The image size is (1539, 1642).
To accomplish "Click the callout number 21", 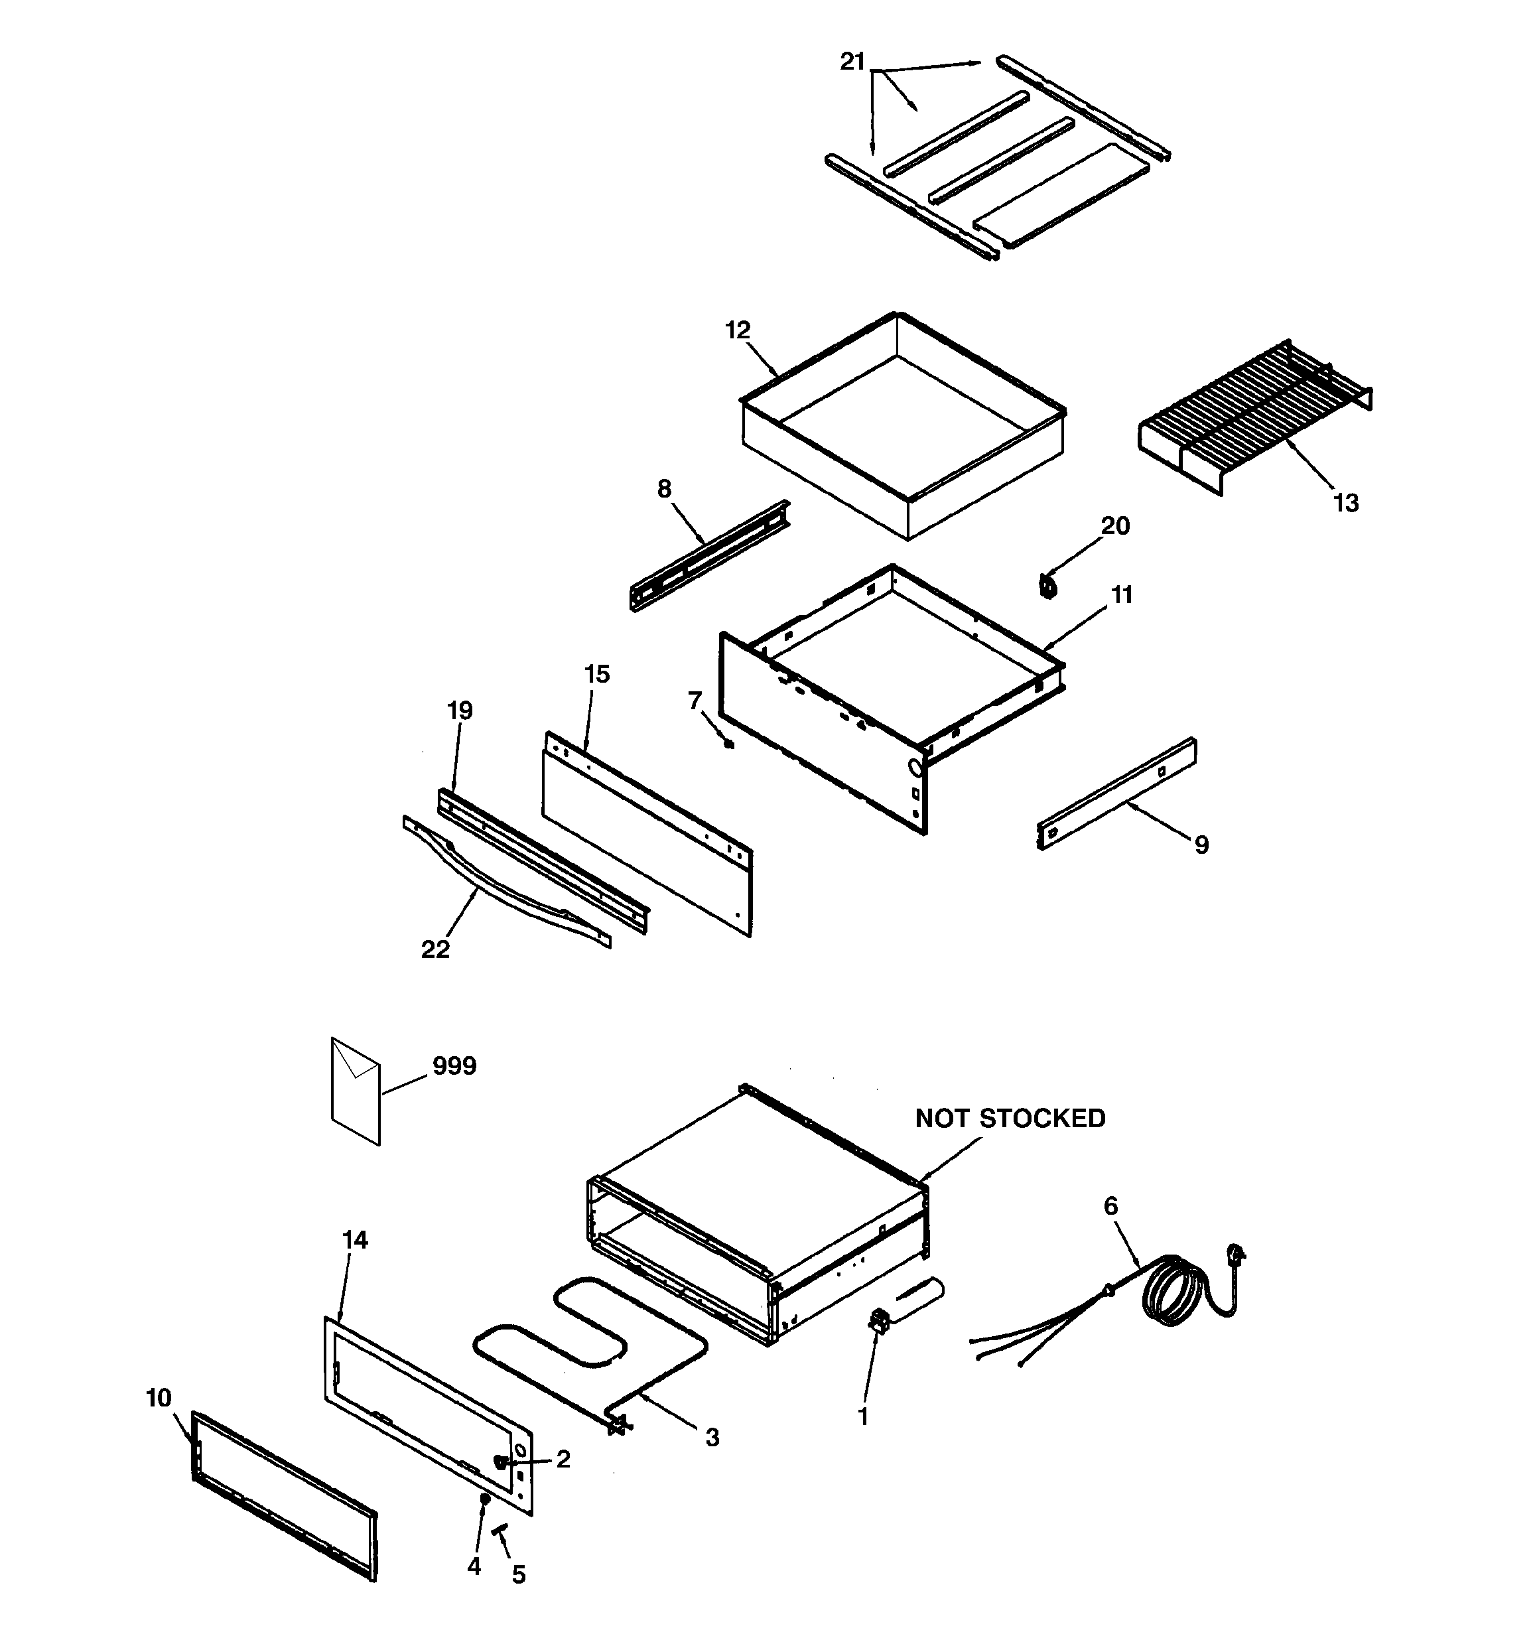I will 852,61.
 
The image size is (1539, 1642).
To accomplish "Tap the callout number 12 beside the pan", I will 737,330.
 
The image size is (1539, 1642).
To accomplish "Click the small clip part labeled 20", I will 1048,587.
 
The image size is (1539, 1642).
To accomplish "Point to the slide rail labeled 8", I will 708,555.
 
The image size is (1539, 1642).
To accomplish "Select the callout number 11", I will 1121,594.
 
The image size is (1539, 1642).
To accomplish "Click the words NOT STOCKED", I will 1010,1119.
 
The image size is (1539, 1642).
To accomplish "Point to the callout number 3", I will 712,1438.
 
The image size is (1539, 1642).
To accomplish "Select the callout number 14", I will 354,1240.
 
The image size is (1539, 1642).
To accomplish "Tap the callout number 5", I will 518,1575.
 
